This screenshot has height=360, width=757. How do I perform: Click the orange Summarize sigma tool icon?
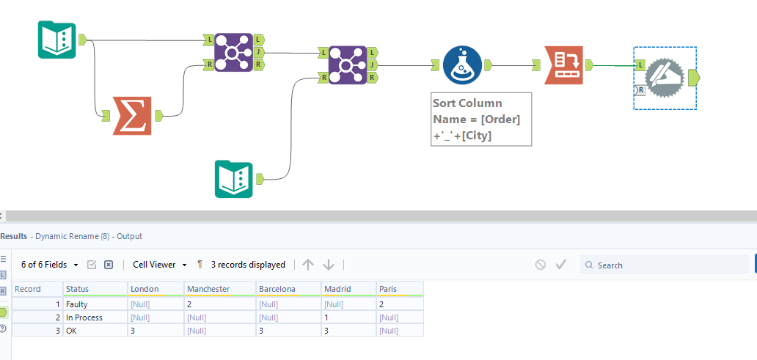(132, 116)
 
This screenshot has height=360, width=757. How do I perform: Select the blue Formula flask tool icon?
(462, 65)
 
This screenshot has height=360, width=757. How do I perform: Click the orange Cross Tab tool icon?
(563, 65)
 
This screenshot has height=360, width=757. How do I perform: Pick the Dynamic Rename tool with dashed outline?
(665, 77)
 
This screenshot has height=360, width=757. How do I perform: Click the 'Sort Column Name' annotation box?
(480, 119)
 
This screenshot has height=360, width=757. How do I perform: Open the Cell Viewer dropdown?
(159, 265)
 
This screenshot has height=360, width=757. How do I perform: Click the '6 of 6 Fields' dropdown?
(48, 265)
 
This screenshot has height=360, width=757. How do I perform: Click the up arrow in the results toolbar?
(308, 265)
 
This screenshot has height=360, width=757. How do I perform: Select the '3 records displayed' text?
(248, 265)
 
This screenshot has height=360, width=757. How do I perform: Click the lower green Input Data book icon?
(233, 180)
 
